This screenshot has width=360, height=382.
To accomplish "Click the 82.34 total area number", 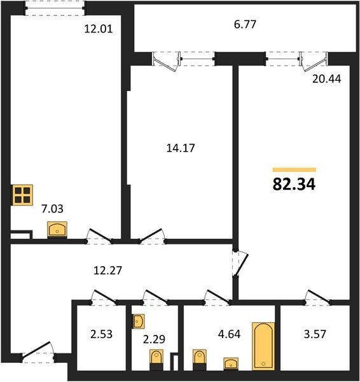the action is tap(294, 184).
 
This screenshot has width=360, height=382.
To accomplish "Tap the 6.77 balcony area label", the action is tap(245, 25).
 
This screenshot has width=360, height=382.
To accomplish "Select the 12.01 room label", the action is tap(99, 29).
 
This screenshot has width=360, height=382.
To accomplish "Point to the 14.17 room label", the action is tap(181, 148).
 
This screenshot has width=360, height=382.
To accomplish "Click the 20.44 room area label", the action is tap(327, 79).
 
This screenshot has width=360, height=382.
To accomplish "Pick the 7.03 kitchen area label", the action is tap(52, 209).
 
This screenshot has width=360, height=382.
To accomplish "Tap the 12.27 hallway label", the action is tap(108, 271).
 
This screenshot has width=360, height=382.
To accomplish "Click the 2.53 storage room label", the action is tap(102, 334).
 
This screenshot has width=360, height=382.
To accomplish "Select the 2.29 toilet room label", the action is tap(154, 339).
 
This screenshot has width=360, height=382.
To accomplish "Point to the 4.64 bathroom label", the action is tap(229, 334).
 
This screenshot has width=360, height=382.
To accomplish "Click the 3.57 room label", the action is tap(315, 334).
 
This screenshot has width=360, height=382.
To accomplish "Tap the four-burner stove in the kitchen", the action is tap(22, 195).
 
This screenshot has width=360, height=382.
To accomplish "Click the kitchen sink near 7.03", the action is tap(57, 229).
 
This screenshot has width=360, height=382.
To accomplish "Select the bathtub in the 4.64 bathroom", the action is tap(263, 346).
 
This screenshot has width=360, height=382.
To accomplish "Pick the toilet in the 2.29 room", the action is tap(156, 360).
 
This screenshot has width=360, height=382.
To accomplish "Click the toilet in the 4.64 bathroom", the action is tap(200, 360).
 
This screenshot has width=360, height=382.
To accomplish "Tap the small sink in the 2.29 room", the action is tap(139, 321).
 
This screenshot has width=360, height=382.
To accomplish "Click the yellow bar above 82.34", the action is tap(294, 170).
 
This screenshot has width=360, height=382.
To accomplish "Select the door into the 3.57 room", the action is tap(319, 297).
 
